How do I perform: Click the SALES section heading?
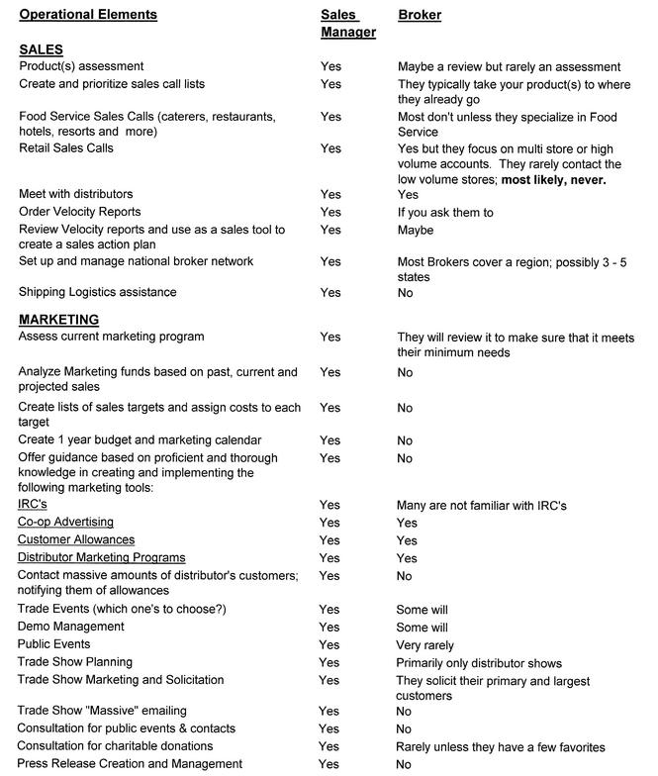pos(41,49)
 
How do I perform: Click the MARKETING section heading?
pos(58,320)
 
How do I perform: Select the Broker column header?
pos(420,15)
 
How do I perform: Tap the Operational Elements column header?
pos(88,15)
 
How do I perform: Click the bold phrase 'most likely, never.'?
pos(553,180)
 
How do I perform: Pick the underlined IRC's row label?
pos(33,505)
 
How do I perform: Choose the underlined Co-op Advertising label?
pos(65,522)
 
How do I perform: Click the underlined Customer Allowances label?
pos(76,539)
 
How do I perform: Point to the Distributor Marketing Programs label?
pos(101,557)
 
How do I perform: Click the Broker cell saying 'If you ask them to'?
pos(445,212)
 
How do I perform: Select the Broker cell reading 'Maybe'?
pos(416,230)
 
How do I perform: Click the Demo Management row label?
pos(71,627)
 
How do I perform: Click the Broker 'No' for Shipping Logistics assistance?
pos(405,293)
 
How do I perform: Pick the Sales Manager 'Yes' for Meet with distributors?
pos(330,194)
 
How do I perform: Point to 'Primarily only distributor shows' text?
pos(479,662)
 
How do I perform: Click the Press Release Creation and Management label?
pos(130,764)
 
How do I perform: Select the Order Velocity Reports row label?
pos(80,212)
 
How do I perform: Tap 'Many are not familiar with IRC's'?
pos(481,505)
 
